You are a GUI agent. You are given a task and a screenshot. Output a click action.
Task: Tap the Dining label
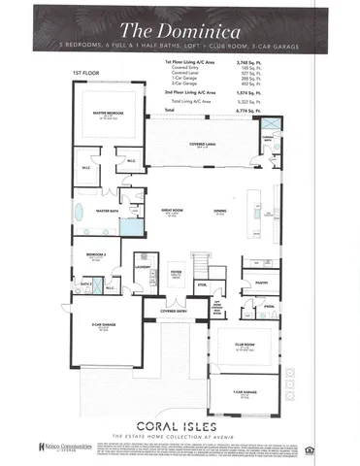[221, 211]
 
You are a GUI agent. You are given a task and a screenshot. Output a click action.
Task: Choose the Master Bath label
[107, 210]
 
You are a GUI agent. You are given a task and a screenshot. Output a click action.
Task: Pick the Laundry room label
[142, 267]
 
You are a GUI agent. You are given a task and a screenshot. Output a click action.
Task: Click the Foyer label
[177, 275]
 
